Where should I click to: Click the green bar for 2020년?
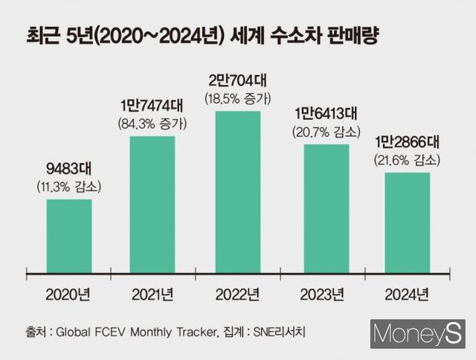click(69, 237)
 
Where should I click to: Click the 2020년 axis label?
click(69, 293)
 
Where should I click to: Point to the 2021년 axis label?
click(153, 293)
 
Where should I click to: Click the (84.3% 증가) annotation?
click(153, 123)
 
